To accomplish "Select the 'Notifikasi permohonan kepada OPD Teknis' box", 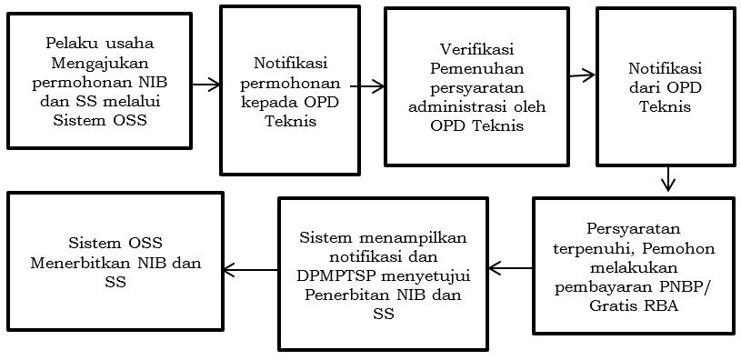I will coord(285,91).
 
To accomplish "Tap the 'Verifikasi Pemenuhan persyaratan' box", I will coord(476,85).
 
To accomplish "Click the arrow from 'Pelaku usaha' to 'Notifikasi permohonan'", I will coord(207,85).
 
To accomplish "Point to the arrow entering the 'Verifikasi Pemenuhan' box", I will coord(367,87).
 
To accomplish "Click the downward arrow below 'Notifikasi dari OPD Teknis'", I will coord(668,177).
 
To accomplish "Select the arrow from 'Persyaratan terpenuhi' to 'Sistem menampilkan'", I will coord(510,268).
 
